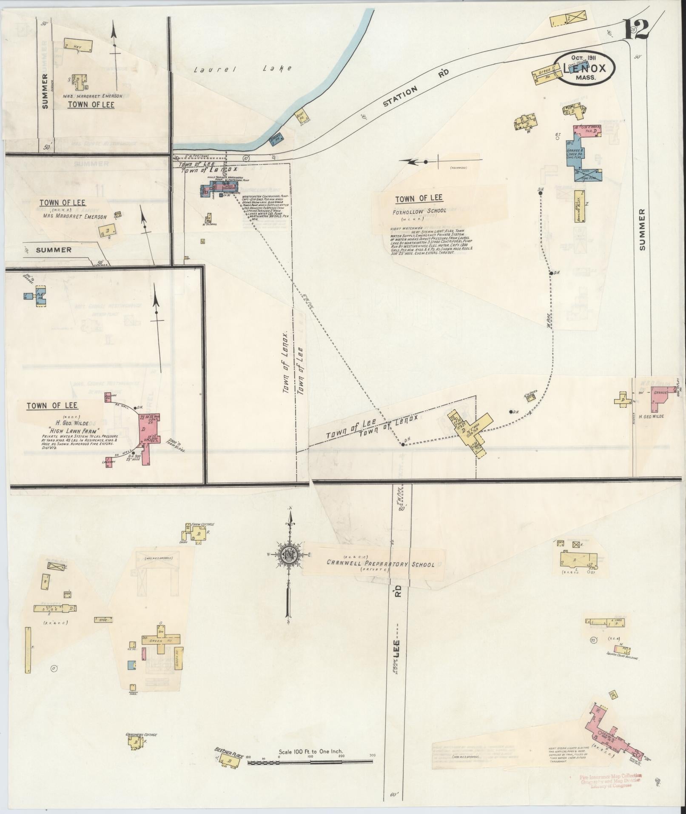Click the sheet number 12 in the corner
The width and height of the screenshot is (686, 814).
(636, 29)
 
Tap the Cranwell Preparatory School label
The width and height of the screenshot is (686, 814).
(380, 564)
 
